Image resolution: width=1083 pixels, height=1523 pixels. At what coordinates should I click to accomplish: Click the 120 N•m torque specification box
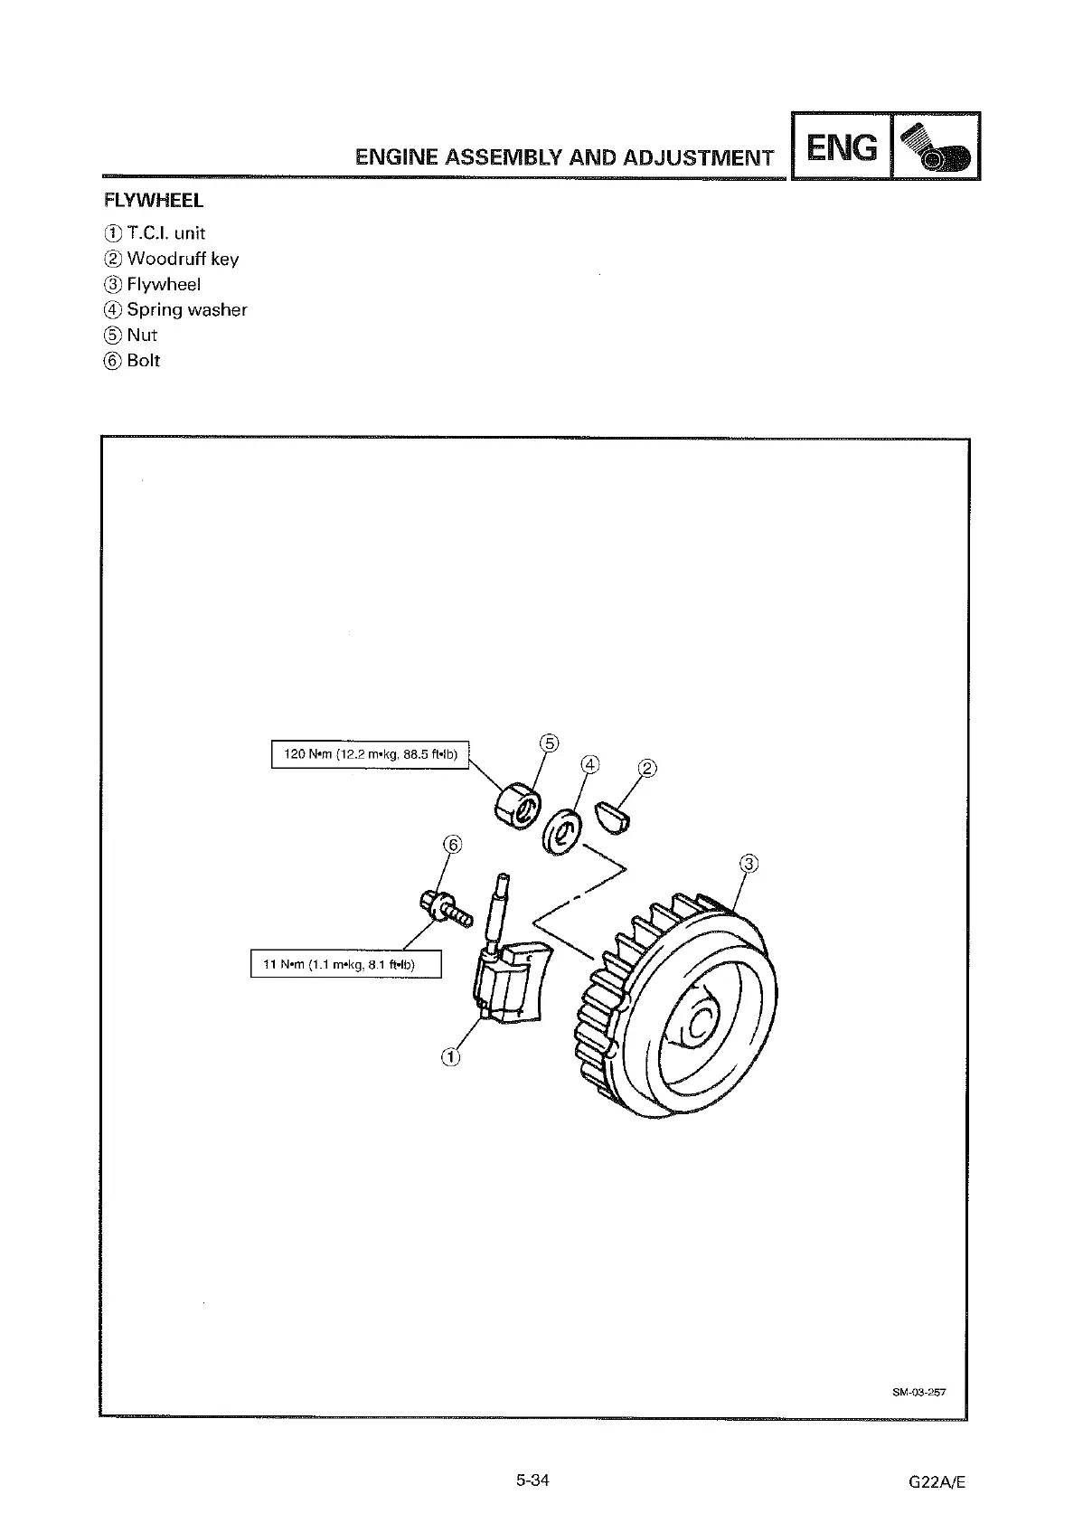[371, 754]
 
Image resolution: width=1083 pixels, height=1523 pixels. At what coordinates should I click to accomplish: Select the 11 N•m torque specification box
[346, 964]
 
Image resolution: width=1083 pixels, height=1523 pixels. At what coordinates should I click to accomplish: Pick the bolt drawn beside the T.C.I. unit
[444, 906]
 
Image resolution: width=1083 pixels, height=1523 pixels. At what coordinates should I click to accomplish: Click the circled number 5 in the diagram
[549, 743]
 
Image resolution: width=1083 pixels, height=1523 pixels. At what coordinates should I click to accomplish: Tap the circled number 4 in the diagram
[589, 765]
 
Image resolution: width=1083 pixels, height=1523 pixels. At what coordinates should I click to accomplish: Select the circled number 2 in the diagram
[647, 770]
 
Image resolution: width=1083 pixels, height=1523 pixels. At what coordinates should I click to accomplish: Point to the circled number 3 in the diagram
[749, 863]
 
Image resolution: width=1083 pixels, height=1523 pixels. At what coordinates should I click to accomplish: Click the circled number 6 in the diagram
[452, 845]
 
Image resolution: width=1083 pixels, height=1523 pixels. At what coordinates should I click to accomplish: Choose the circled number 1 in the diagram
[450, 1055]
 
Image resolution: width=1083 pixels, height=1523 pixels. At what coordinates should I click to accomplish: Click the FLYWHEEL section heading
[154, 200]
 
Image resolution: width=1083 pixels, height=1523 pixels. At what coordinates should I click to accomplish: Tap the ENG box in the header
[842, 147]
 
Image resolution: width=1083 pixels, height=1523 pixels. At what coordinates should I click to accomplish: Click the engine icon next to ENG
[936, 147]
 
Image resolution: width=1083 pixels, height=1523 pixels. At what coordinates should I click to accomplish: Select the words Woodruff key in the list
[183, 259]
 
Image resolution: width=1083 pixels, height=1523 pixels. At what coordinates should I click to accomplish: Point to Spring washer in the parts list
[186, 309]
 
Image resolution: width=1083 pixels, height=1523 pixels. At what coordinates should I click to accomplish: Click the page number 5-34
[532, 1480]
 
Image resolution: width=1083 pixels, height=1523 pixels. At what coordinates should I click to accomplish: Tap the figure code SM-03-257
[918, 1392]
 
